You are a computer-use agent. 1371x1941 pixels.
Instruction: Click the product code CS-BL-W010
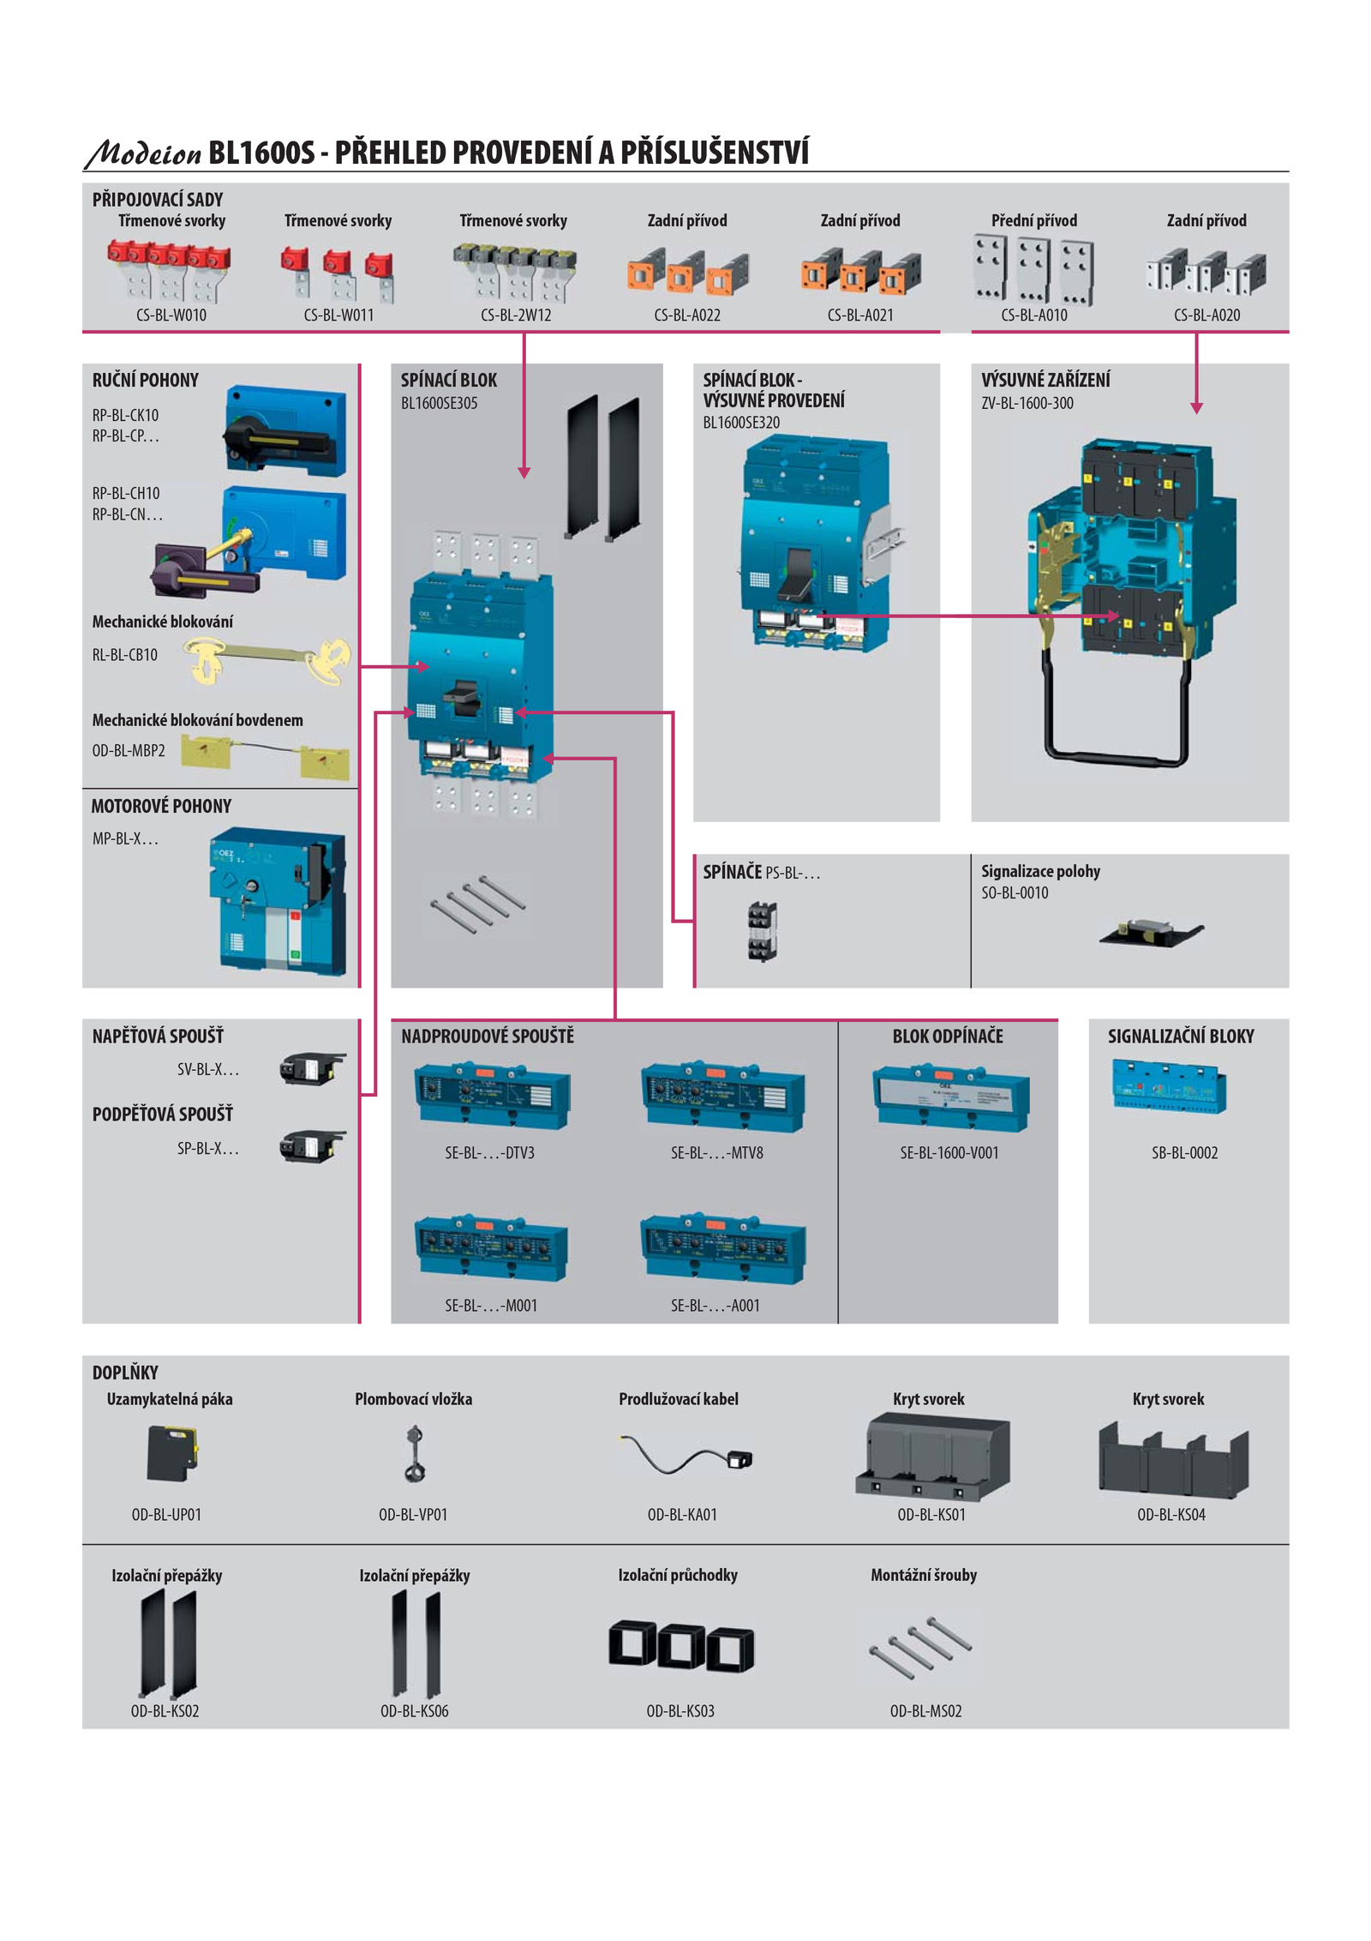pos(171,315)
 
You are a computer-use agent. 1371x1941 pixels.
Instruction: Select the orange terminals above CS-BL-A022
pos(688,273)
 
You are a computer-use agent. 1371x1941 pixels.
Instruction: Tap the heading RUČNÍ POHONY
pos(146,380)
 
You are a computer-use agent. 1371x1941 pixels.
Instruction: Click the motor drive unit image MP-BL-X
pos(278,901)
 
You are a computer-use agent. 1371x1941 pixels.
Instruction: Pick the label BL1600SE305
pos(440,403)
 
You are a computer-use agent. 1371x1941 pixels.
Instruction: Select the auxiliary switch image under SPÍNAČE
pos(762,930)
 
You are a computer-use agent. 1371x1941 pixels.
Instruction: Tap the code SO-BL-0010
pos(1015,892)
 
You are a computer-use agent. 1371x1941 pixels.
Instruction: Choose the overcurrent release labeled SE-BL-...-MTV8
pos(722,1097)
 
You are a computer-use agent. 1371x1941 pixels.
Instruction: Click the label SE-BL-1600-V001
pos(949,1153)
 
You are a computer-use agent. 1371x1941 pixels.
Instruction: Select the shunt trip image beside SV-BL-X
pos(312,1068)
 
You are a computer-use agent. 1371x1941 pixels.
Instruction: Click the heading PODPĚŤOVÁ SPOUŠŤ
pos(163,1115)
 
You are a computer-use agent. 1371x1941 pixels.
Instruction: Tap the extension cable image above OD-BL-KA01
pos(686,1454)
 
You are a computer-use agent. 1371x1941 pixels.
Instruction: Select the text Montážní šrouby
pos(924,1575)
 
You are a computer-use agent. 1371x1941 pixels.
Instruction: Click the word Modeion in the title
pos(143,153)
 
